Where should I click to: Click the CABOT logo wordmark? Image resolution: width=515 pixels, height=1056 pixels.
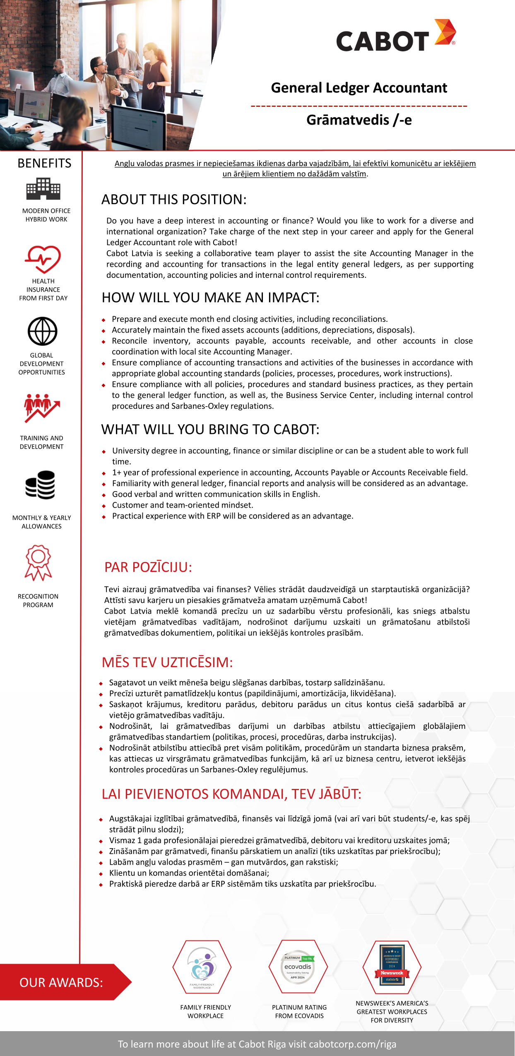(x=383, y=41)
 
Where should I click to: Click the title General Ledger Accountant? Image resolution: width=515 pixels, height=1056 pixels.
(x=359, y=88)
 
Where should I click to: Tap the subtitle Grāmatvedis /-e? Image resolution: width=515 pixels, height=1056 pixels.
(x=359, y=120)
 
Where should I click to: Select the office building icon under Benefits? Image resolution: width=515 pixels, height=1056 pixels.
(x=43, y=189)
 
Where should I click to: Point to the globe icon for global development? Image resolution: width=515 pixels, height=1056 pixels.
(x=42, y=331)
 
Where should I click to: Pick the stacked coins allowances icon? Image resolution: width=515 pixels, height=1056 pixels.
(x=40, y=485)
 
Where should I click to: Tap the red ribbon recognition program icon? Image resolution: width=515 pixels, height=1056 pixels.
(x=38, y=563)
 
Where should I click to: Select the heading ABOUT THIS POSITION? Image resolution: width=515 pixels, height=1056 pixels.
(x=174, y=200)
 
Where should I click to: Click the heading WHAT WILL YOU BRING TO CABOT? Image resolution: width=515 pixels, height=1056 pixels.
(x=210, y=429)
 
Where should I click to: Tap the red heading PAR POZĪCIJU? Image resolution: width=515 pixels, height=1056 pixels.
(x=148, y=567)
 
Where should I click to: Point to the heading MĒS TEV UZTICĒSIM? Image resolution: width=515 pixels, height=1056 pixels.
(x=167, y=663)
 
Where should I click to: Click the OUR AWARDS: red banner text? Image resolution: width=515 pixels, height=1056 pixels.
(x=61, y=982)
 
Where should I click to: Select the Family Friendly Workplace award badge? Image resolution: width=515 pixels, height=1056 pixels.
(x=202, y=967)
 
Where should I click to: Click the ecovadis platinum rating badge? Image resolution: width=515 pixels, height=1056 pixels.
(x=298, y=967)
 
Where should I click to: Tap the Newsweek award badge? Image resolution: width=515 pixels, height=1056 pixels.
(x=392, y=967)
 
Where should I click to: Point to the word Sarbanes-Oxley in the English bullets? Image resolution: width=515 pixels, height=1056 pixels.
(x=200, y=406)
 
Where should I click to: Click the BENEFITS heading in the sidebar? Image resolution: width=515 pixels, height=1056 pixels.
(x=44, y=163)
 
